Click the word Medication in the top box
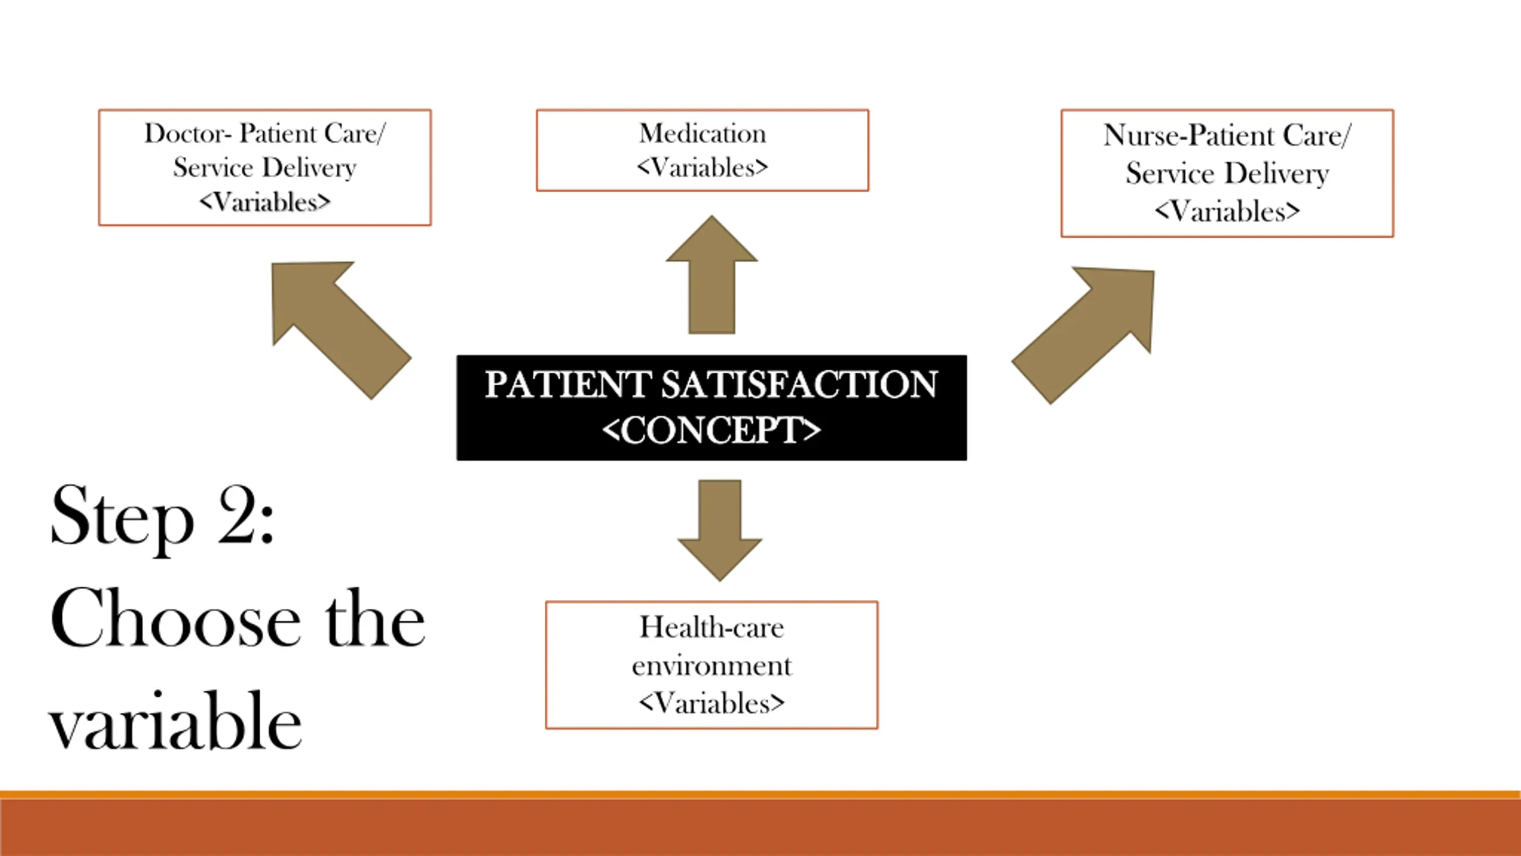702,134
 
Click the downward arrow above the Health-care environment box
720,529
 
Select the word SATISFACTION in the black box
799,385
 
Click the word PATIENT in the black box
567,385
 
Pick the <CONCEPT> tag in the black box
711,430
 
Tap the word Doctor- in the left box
187,134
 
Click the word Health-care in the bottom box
711,628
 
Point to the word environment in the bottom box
711,666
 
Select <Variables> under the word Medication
702,168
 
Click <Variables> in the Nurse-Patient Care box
1227,212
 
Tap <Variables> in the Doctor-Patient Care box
264,202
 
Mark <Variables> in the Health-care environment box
711,704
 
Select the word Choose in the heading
175,618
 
